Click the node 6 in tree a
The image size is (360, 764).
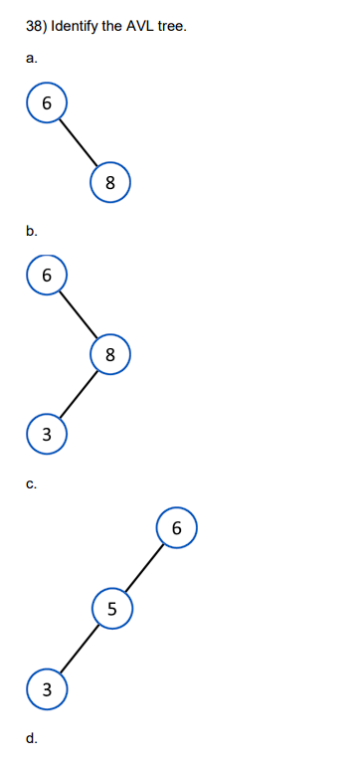[46, 102]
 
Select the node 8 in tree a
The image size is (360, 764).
[109, 182]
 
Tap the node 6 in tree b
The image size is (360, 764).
[46, 275]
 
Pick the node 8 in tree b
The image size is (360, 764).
[109, 354]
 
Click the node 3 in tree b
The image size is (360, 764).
[46, 433]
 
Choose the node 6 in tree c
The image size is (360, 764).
[176, 527]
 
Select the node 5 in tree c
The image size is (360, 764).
[111, 608]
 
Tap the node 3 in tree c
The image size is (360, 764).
[46, 687]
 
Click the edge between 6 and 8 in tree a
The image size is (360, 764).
[78, 142]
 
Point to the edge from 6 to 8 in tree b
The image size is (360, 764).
[78, 314]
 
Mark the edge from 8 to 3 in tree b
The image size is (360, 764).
[78, 394]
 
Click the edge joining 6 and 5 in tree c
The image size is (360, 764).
[144, 567]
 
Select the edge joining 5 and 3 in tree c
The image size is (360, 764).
[79, 648]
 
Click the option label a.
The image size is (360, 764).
[32, 58]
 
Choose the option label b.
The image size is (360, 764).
[32, 231]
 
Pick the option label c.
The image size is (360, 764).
[32, 484]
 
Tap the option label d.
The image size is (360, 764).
[32, 738]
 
